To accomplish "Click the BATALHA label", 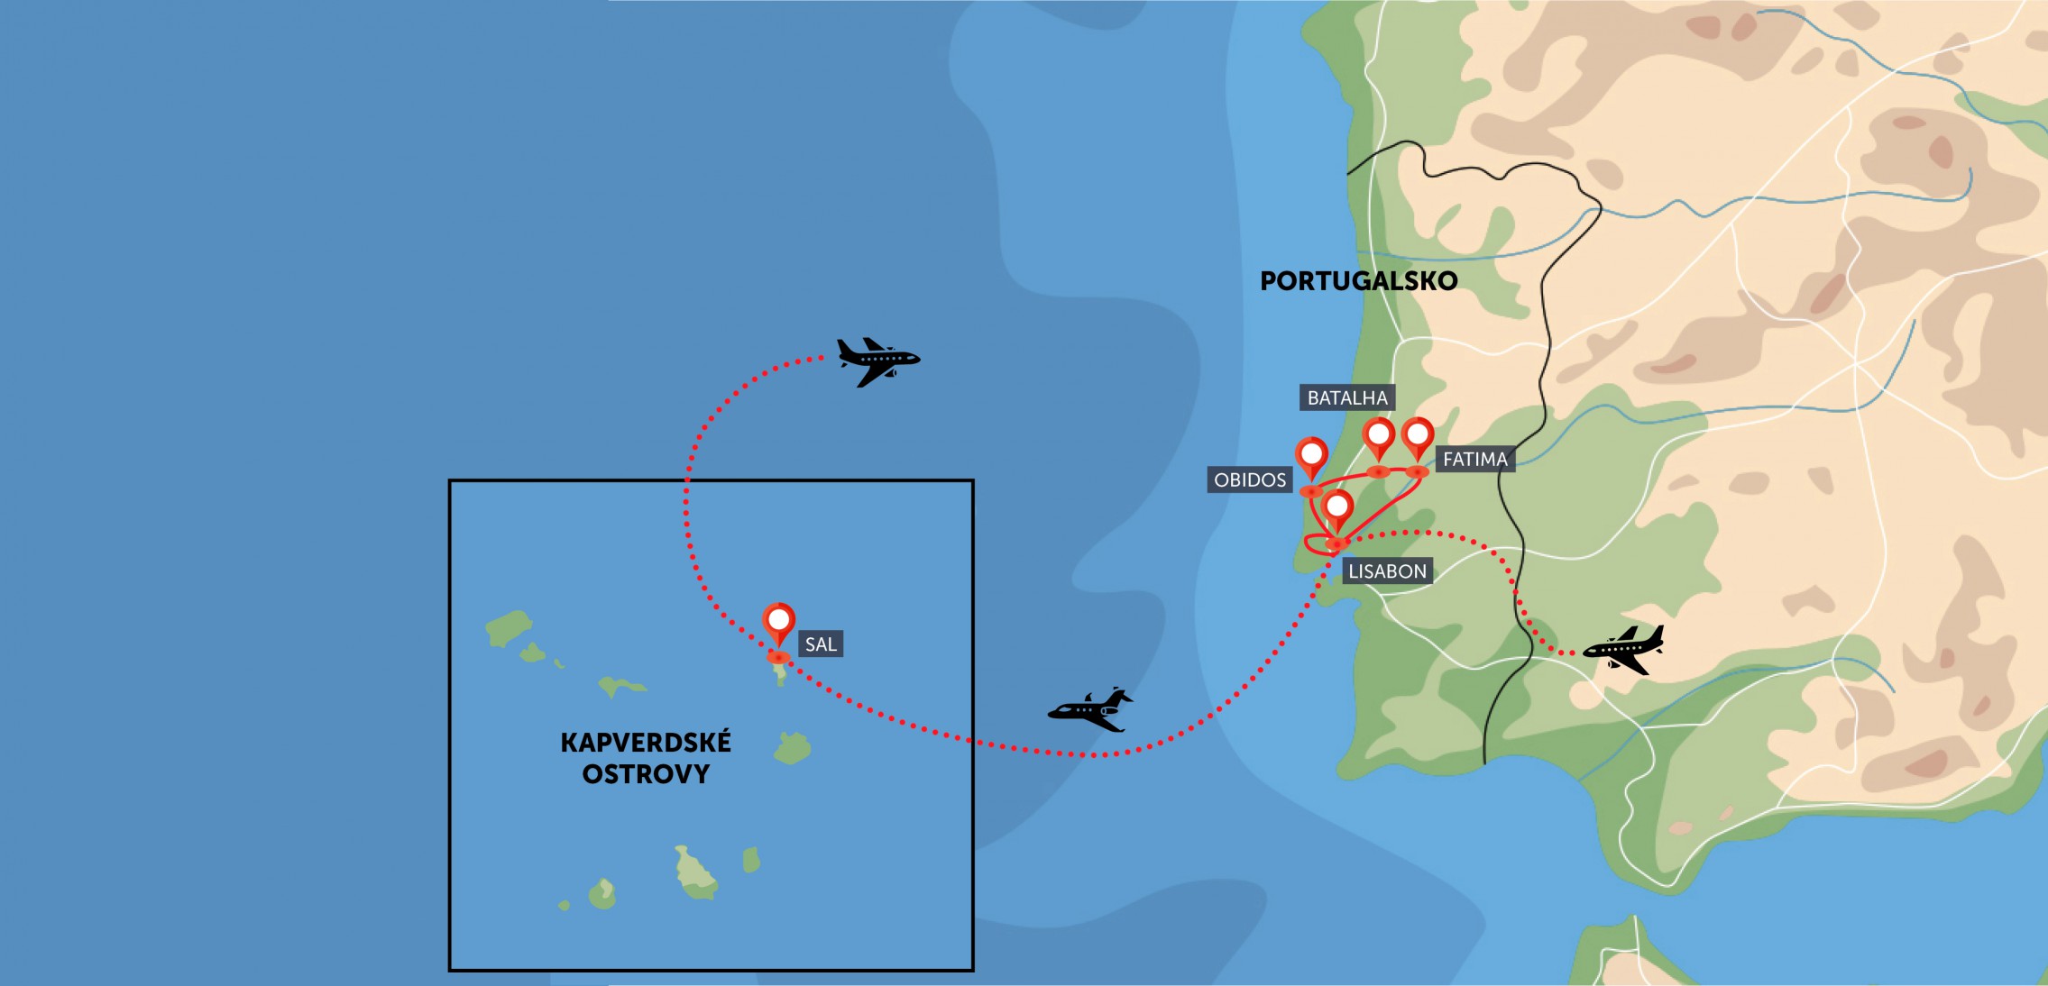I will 1347,397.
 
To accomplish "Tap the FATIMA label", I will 1474,459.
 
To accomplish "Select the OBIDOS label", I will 1249,479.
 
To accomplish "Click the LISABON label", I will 1387,571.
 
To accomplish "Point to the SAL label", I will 820,644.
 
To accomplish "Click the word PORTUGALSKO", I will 1358,281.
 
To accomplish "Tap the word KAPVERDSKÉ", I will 646,743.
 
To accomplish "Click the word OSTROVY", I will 646,774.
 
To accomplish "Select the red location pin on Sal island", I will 778,622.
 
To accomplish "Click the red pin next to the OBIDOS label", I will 1311,455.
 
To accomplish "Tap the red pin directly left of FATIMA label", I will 1418,436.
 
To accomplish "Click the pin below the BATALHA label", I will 1378,436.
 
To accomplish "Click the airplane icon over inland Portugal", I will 1624,650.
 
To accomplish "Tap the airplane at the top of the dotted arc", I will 877,361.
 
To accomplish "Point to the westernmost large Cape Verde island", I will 508,626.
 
